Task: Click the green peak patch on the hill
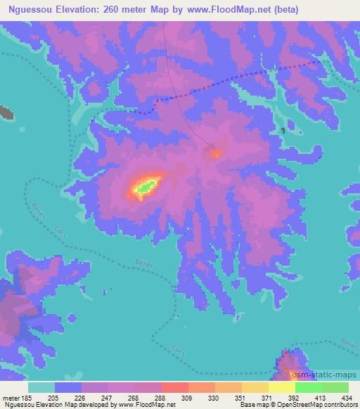click(x=146, y=187)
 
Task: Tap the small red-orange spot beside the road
click(x=216, y=153)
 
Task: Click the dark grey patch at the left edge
click(x=7, y=111)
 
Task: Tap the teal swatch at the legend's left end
click(x=41, y=387)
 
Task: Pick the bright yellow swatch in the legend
click(x=281, y=387)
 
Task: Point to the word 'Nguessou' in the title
click(x=31, y=10)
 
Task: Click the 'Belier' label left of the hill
click(x=37, y=210)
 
